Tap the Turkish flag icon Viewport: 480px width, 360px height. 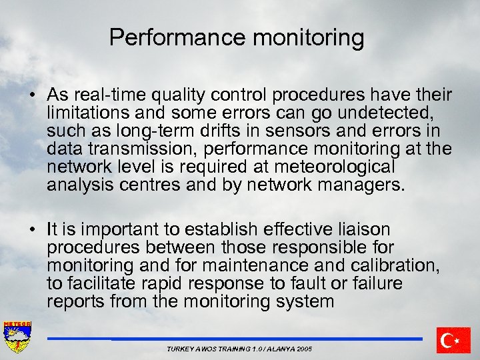(x=453, y=340)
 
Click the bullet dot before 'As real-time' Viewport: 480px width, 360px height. (x=33, y=95)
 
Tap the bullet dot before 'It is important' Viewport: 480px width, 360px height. (x=33, y=230)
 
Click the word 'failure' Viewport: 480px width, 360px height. (x=377, y=284)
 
